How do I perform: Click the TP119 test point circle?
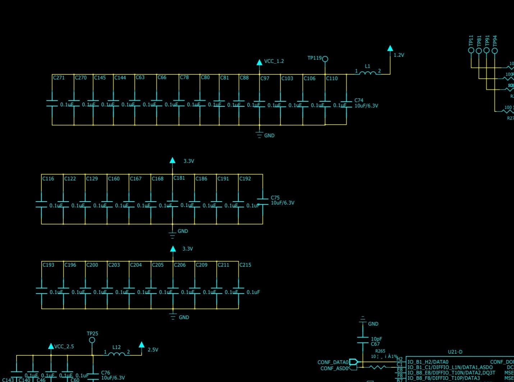(x=325, y=59)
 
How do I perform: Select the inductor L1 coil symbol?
(x=367, y=73)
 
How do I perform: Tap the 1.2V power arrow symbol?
(x=390, y=49)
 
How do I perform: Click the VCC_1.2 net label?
(x=274, y=61)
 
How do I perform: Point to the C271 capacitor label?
(x=59, y=78)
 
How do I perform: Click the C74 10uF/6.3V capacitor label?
(x=366, y=103)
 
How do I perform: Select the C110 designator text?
(x=332, y=78)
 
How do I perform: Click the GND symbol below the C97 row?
(x=260, y=135)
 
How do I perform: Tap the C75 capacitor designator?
(x=275, y=198)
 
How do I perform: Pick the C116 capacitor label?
(x=48, y=179)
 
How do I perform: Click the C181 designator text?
(x=179, y=178)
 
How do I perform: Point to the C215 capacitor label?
(x=245, y=265)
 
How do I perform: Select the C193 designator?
(x=49, y=265)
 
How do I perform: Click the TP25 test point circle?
(x=92, y=340)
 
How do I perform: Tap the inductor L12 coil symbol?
(x=116, y=354)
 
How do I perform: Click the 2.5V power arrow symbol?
(x=142, y=345)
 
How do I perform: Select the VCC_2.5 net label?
(x=64, y=346)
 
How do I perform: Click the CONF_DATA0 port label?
(x=333, y=362)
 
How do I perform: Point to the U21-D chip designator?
(x=455, y=352)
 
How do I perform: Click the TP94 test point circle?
(x=495, y=51)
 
